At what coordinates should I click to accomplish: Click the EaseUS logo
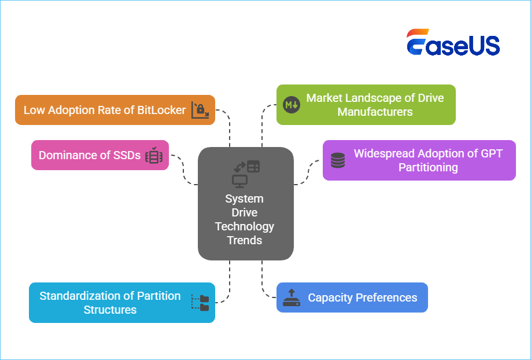[x=453, y=43]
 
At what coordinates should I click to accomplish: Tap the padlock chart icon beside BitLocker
[x=200, y=110]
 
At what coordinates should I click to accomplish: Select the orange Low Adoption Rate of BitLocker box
[x=115, y=110]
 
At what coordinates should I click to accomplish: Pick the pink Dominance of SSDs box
[x=99, y=155]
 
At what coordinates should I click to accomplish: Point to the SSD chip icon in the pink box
[x=154, y=156]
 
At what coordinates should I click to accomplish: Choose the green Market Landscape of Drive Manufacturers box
[x=366, y=105]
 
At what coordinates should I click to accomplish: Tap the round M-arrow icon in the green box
[x=290, y=105]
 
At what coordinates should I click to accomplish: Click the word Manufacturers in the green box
[x=375, y=112]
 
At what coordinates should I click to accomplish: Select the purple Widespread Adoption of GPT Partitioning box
[x=419, y=160]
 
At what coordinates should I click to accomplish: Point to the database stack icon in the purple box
[x=338, y=160]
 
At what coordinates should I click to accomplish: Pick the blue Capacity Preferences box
[x=352, y=297]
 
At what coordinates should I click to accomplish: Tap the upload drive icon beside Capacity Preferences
[x=291, y=297]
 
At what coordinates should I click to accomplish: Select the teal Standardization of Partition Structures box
[x=121, y=303]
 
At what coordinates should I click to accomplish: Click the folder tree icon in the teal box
[x=200, y=303]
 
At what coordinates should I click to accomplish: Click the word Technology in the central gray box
[x=245, y=226]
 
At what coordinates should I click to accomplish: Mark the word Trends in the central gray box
[x=245, y=240]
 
